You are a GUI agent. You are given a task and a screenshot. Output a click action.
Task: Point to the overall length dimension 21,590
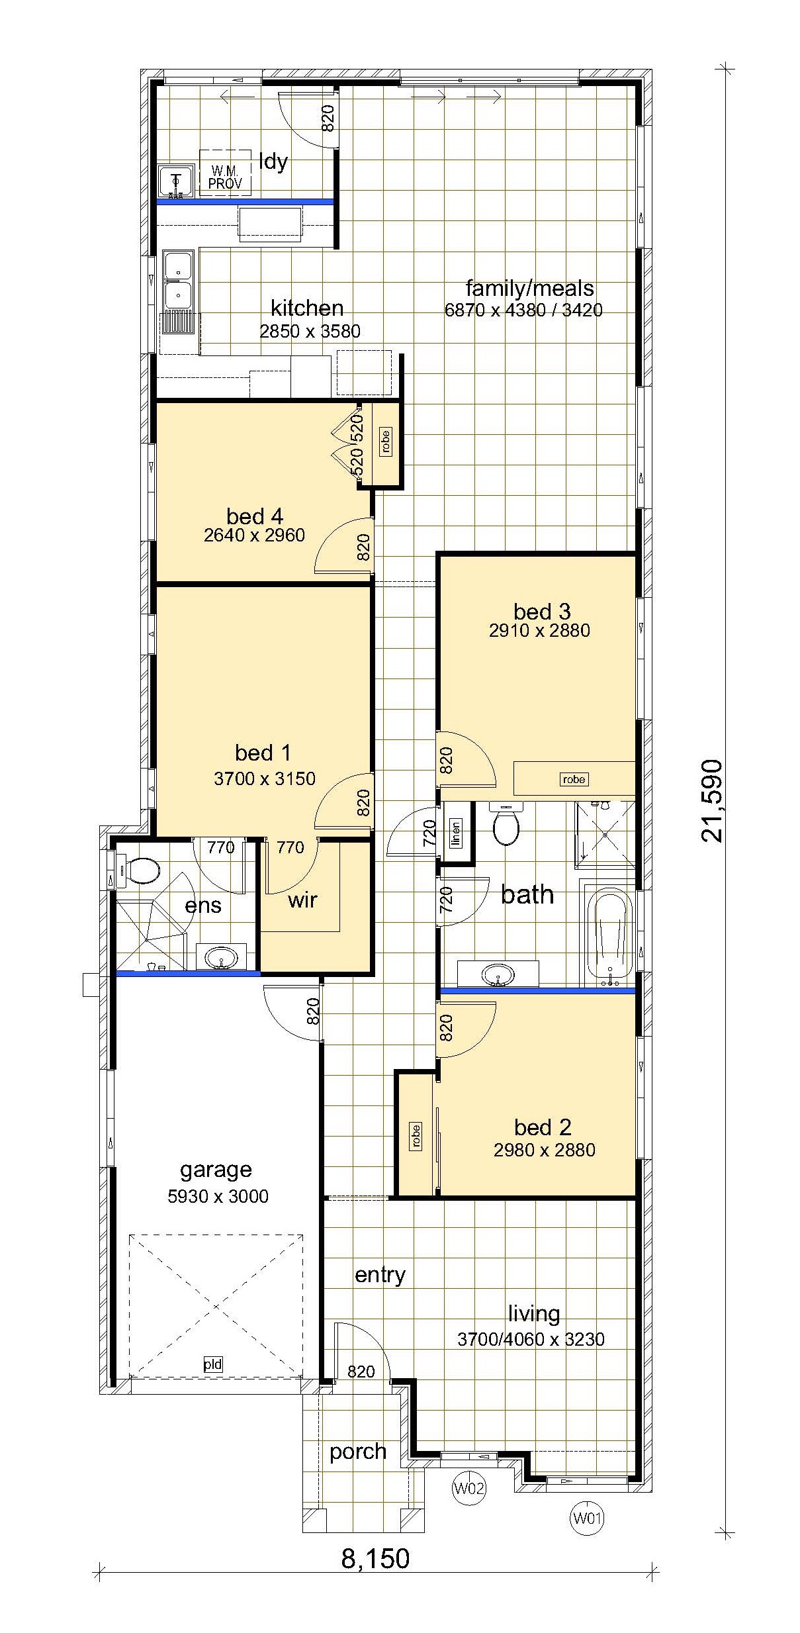tap(713, 800)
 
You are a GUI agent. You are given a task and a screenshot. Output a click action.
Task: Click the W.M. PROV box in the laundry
tap(225, 172)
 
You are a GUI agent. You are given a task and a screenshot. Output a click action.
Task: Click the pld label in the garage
tap(213, 1364)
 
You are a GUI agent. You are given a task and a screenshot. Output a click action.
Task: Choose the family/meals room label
tap(529, 289)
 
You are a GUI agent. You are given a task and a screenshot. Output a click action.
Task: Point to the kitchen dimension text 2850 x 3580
tap(310, 331)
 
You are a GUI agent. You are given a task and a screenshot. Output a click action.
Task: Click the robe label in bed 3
tap(574, 779)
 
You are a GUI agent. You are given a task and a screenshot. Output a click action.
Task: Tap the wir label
tap(302, 900)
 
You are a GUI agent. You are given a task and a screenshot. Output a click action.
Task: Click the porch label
tap(358, 1452)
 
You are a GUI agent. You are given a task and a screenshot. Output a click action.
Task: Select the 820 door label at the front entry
tap(361, 1372)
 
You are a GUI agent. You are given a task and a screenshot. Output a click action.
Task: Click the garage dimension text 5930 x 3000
tap(218, 1196)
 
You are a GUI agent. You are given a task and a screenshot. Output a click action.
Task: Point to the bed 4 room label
tap(255, 516)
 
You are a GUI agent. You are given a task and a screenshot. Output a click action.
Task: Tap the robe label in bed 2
tap(416, 1135)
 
